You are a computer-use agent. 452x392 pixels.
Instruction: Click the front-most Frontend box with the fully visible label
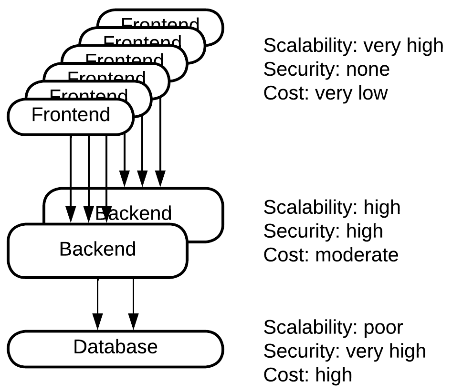point(71,115)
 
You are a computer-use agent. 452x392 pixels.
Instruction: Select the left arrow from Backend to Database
point(98,305)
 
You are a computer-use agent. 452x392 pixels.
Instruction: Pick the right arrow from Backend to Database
point(133,305)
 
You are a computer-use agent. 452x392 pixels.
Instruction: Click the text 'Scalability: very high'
point(353,46)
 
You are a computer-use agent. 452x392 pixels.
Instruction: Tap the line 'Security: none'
point(326,70)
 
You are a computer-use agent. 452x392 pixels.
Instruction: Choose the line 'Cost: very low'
point(325,93)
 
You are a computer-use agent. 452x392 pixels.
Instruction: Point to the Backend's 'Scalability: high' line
point(332,208)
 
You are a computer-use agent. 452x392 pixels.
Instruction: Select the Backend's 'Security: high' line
point(323,231)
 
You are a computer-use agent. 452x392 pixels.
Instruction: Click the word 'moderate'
point(357,255)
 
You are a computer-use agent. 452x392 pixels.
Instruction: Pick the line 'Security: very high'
point(344,351)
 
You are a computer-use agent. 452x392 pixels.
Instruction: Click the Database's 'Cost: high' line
point(308,374)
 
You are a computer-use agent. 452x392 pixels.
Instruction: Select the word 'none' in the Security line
point(368,70)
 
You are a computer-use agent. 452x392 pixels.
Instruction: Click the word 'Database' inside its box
point(116,347)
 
